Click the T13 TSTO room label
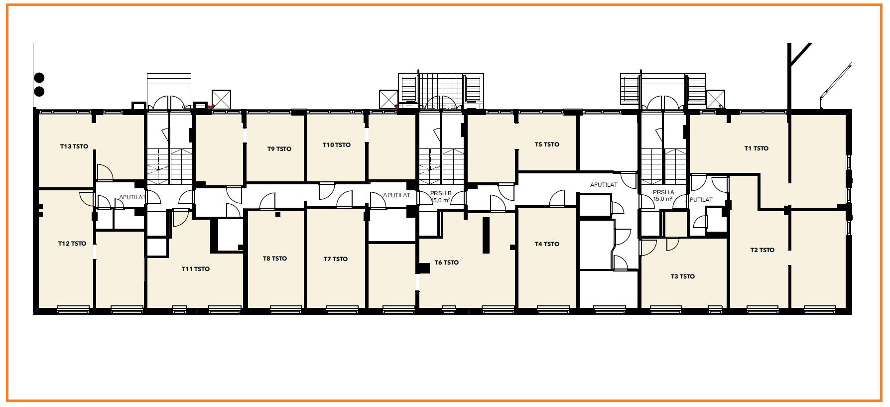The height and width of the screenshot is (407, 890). [x=74, y=146]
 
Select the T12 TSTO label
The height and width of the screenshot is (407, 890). [x=72, y=244]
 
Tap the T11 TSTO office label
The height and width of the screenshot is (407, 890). [x=195, y=269]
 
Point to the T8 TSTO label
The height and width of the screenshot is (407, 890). [x=275, y=259]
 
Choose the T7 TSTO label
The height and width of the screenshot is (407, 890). [x=336, y=259]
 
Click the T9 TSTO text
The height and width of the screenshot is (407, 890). [x=279, y=149]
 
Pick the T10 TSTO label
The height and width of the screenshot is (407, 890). [x=337, y=145]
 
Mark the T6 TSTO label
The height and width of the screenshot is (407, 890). [x=447, y=263]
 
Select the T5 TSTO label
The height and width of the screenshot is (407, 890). [x=547, y=144]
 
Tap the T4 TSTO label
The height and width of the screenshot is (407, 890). [x=547, y=244]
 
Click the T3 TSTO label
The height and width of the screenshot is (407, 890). [x=682, y=276]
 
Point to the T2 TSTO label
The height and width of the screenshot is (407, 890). [x=763, y=250]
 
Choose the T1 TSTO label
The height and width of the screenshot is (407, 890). [x=757, y=148]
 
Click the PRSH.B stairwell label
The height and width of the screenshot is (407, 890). [x=441, y=193]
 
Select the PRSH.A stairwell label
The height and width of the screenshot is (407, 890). [x=663, y=193]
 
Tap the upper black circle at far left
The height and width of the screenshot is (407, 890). [x=39, y=78]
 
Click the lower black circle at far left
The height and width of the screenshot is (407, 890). [x=39, y=92]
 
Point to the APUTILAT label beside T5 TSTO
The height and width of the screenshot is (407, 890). [x=604, y=185]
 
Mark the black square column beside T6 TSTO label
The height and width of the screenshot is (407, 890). [x=423, y=269]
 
